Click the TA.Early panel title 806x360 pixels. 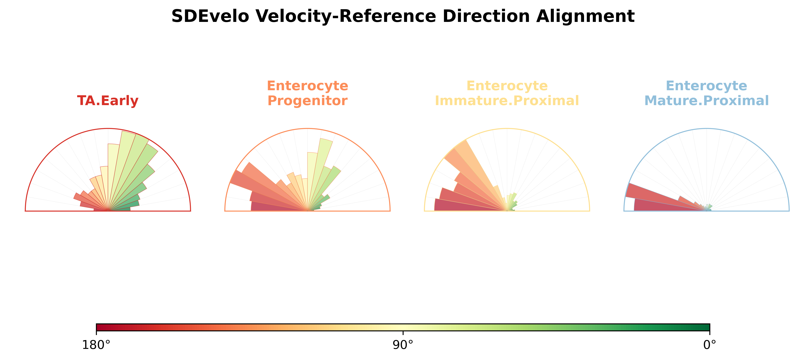(x=108, y=101)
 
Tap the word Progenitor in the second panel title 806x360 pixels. (x=307, y=101)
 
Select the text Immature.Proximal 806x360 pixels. (x=507, y=101)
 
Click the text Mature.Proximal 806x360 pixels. (x=707, y=101)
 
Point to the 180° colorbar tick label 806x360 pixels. (x=96, y=345)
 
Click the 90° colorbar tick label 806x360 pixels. (x=403, y=345)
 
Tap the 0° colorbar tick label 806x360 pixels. (x=710, y=345)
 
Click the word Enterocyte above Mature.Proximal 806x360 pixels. (x=707, y=86)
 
